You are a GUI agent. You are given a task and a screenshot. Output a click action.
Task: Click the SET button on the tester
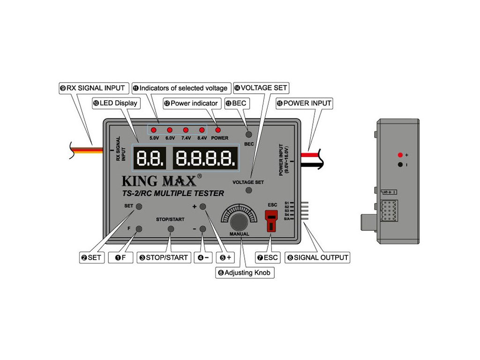click(x=139, y=207)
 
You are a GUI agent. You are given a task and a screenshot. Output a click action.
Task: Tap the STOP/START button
click(x=171, y=229)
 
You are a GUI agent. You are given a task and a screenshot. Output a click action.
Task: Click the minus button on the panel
click(x=203, y=229)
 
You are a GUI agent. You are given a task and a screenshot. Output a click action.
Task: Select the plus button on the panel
click(x=203, y=207)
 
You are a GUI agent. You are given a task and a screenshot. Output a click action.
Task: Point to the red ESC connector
click(x=271, y=220)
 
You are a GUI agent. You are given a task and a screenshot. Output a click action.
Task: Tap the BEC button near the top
click(x=249, y=135)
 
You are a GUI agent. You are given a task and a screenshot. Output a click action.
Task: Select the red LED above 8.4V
click(x=202, y=130)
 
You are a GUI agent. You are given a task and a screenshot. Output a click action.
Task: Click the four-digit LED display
click(x=205, y=158)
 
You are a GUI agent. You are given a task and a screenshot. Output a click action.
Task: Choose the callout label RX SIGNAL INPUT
click(x=92, y=88)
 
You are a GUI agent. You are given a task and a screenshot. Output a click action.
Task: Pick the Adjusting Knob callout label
click(x=245, y=272)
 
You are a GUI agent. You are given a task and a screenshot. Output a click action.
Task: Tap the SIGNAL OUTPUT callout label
click(x=318, y=257)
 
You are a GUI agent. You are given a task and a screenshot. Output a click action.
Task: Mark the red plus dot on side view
click(x=400, y=155)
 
